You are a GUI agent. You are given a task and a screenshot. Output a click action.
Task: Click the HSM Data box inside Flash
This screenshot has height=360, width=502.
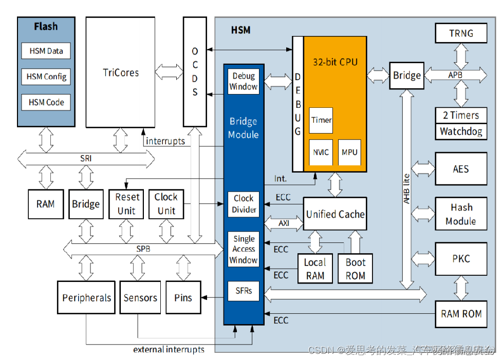(x=46, y=51)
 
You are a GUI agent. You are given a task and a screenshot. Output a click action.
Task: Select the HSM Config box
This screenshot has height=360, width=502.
(x=46, y=77)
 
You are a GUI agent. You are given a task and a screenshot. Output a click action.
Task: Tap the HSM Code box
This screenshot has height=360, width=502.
(x=46, y=102)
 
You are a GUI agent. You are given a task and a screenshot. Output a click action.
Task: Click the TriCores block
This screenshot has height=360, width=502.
(x=121, y=72)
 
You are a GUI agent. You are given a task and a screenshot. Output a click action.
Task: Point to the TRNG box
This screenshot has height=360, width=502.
(x=461, y=33)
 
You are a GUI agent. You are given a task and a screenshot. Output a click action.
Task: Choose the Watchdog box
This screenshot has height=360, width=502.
(x=461, y=131)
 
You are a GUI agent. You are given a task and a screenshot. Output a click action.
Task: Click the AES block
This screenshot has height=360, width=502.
(x=461, y=168)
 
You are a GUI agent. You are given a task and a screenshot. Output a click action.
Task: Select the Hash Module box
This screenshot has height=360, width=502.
(x=461, y=214)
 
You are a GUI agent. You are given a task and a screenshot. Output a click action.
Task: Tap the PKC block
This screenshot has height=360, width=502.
(x=461, y=259)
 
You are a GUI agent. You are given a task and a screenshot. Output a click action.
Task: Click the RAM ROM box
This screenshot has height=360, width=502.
(x=461, y=313)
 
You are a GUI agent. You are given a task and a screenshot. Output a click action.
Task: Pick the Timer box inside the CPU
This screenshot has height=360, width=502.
(x=321, y=120)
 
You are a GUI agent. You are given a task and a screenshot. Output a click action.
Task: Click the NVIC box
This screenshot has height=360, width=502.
(x=321, y=152)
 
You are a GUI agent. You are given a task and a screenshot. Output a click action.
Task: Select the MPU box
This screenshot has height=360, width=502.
(x=349, y=152)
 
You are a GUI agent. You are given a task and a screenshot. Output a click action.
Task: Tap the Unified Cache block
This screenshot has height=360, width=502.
(x=335, y=214)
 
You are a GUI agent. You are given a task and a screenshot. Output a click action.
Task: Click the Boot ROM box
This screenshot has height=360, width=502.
(x=355, y=269)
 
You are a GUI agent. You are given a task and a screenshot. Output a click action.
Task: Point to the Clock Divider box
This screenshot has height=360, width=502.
(x=244, y=204)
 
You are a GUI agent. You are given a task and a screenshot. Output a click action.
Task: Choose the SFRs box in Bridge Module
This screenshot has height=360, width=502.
(x=244, y=291)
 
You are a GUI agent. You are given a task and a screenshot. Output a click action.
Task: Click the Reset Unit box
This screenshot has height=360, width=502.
(x=126, y=204)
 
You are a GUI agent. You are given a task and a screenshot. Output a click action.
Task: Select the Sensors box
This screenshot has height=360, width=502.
(x=140, y=298)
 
